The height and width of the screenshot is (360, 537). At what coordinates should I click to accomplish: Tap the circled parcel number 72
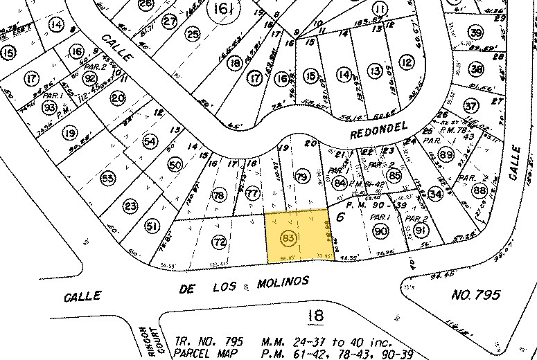(x=219, y=242)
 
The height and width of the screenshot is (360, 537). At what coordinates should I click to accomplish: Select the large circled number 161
(x=223, y=10)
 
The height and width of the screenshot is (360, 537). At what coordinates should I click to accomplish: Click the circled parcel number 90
(x=381, y=232)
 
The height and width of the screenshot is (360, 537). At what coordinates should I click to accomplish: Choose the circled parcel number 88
(x=479, y=191)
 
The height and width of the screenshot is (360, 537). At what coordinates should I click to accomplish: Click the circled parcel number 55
(x=107, y=179)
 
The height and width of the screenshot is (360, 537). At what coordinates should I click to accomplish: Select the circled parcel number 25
(x=193, y=34)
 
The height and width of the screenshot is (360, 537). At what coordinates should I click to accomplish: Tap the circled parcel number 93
(x=49, y=107)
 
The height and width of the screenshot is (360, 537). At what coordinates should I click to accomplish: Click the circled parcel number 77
(x=253, y=193)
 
